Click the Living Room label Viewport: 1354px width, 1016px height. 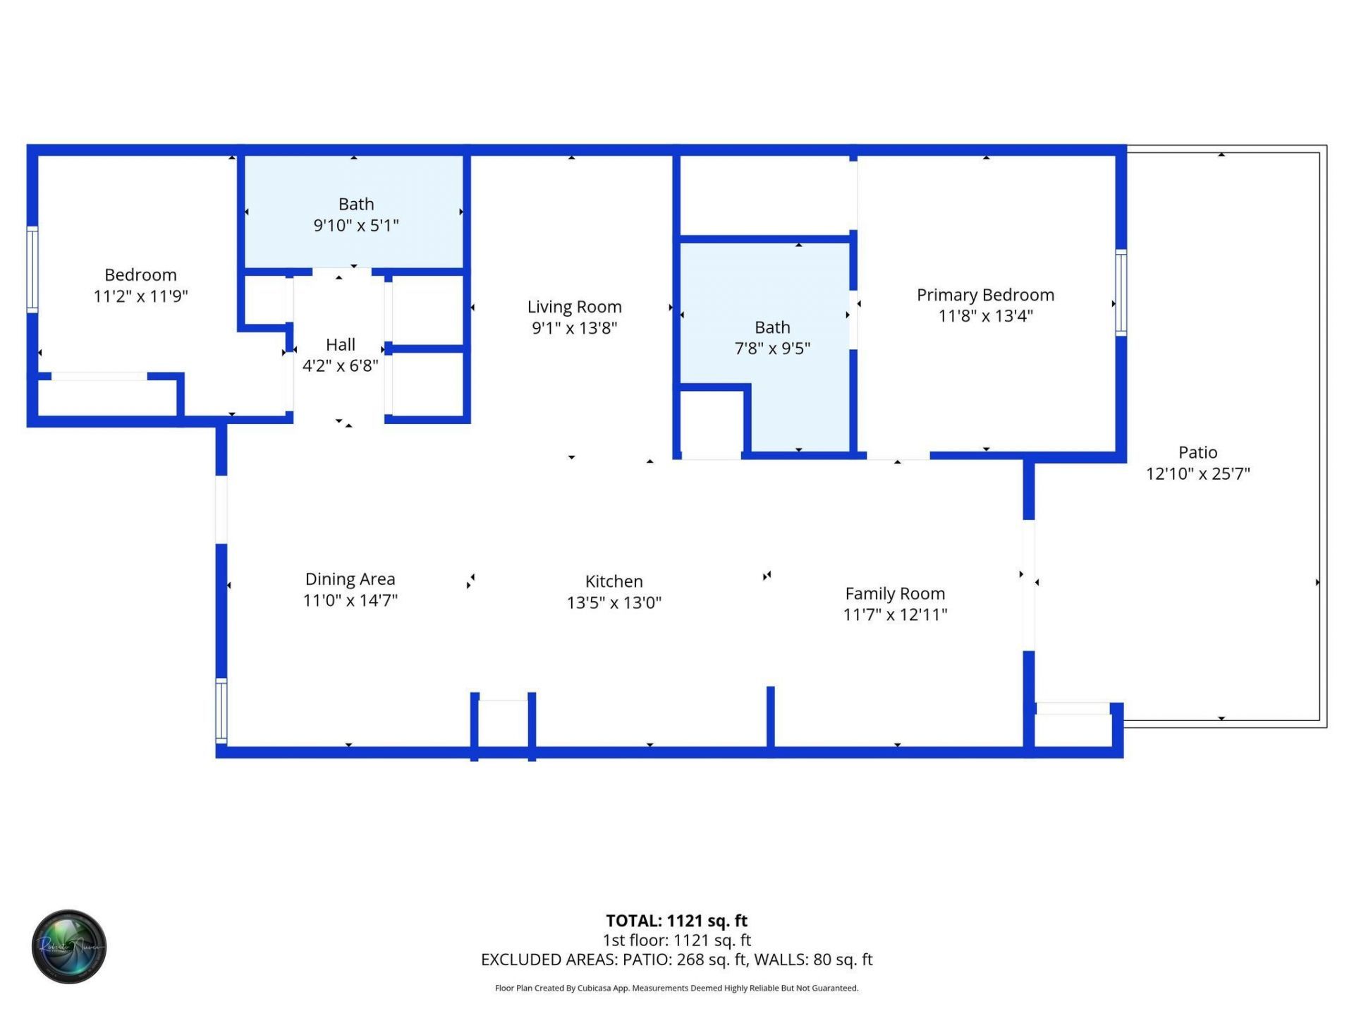(574, 307)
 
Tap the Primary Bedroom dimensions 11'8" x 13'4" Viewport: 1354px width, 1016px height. (985, 316)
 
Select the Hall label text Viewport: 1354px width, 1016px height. (340, 345)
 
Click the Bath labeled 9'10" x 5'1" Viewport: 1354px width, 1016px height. (355, 214)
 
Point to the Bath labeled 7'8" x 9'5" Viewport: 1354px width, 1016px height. (772, 337)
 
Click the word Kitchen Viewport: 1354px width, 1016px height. (614, 581)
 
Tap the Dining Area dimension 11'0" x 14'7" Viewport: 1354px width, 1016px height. (350, 600)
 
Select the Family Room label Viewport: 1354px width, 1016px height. (895, 594)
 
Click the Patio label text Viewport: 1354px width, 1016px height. (1197, 452)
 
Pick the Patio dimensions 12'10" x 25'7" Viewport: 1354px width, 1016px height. (1197, 473)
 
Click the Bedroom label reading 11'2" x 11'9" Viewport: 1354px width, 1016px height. (140, 285)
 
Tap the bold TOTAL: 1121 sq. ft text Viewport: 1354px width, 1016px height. (676, 921)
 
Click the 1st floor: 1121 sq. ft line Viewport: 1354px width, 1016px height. (676, 940)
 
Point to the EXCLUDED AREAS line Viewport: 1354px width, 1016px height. (676, 960)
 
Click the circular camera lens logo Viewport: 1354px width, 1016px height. (69, 946)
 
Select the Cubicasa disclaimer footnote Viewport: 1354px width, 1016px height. (676, 988)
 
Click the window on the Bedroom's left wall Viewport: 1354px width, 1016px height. (32, 269)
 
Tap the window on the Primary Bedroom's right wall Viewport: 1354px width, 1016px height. (1121, 292)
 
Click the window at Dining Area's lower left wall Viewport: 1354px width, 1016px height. (221, 710)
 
